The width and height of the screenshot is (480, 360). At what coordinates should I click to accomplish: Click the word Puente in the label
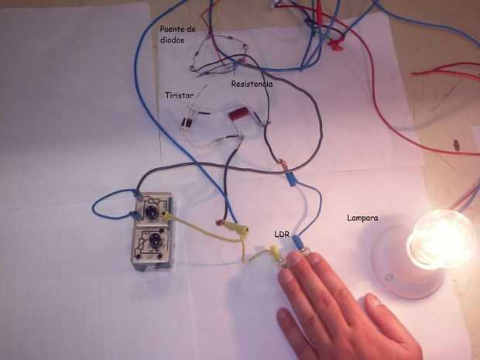pyautogui.click(x=172, y=29)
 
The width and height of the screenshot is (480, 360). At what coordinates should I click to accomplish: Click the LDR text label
pyautogui.click(x=282, y=233)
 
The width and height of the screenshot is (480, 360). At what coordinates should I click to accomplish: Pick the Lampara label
pyautogui.click(x=363, y=219)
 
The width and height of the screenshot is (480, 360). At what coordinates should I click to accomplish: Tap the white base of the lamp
pyautogui.click(x=395, y=263)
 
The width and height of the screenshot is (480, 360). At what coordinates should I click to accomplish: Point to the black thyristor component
pyautogui.click(x=187, y=123)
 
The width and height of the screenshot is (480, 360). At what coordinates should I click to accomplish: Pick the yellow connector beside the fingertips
pyautogui.click(x=274, y=252)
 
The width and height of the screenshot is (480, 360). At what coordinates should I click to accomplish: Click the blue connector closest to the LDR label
pyautogui.click(x=297, y=243)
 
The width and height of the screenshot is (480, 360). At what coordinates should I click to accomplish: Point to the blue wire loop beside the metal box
pyautogui.click(x=105, y=205)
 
